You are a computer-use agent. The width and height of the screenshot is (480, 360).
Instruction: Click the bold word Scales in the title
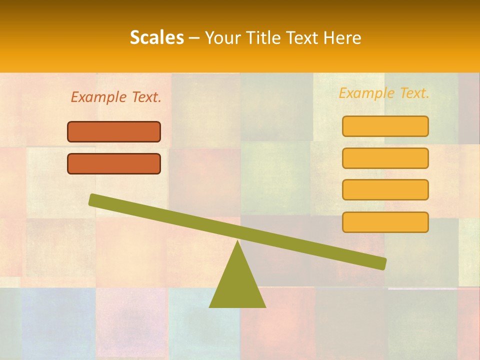coord(156,37)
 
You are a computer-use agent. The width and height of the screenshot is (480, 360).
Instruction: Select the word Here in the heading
coord(342,37)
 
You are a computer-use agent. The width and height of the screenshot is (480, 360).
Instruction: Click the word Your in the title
coord(223,38)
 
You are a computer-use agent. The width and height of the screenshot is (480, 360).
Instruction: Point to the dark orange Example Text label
coord(116,97)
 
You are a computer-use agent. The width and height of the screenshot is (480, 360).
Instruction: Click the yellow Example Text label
coord(384,93)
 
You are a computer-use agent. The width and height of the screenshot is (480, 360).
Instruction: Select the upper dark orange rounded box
coord(114,131)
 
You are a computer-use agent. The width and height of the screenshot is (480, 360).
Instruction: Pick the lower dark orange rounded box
coord(114,163)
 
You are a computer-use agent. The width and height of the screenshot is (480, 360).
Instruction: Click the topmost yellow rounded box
coord(385,126)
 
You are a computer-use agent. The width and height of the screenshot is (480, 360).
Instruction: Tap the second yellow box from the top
coord(385,158)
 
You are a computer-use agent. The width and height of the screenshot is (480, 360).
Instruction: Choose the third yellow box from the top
coord(385,190)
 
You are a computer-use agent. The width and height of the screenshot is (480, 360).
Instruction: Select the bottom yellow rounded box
coord(385,222)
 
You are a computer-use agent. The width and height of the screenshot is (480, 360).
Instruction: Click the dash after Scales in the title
coord(195,38)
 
